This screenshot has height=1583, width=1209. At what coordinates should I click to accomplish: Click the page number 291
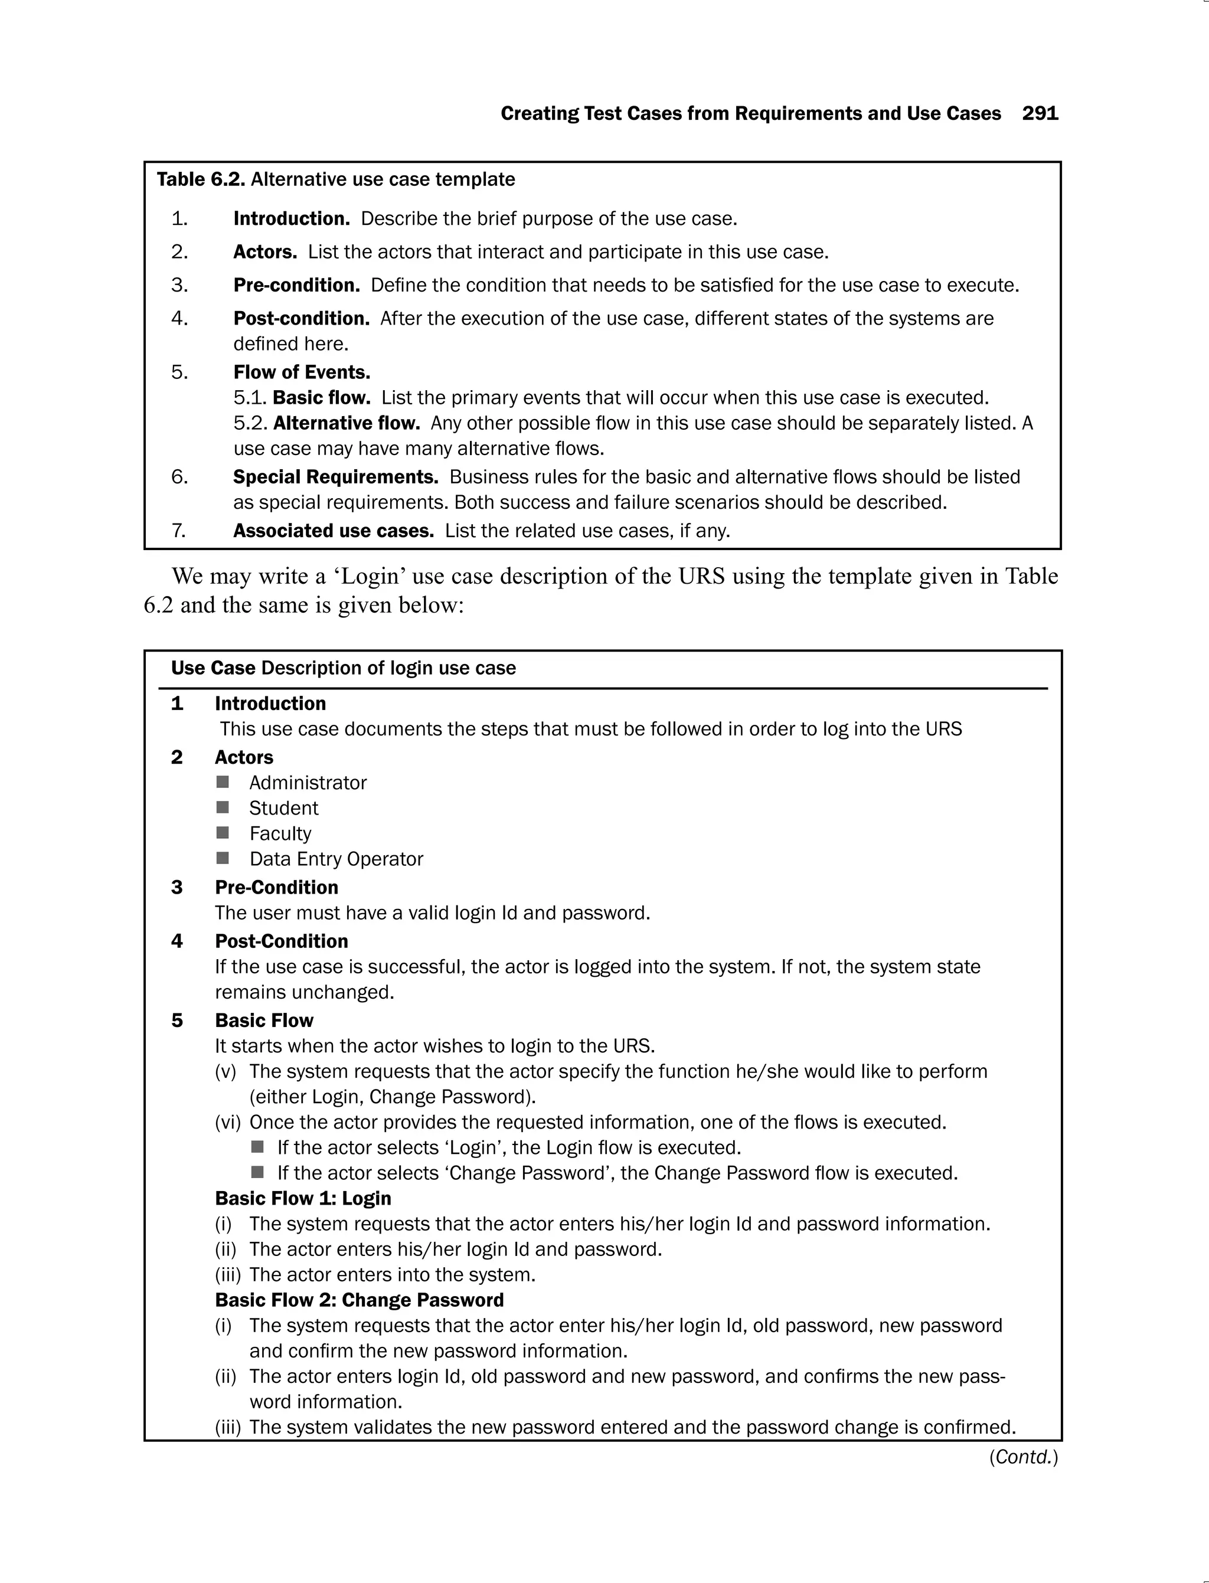point(1040,114)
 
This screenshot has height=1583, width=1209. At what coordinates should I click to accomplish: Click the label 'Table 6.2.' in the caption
point(201,179)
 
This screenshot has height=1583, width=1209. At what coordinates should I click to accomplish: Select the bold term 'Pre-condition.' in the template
point(296,285)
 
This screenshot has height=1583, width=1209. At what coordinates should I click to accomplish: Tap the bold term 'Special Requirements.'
point(335,477)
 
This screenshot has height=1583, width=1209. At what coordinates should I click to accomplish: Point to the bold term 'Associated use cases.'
point(333,531)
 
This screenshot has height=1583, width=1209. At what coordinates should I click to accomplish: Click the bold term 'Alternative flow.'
point(346,423)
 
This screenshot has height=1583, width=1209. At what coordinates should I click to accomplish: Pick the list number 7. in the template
point(178,531)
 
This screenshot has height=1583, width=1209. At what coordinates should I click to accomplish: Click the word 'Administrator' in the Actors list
point(308,783)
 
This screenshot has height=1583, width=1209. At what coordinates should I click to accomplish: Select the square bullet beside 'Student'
point(223,807)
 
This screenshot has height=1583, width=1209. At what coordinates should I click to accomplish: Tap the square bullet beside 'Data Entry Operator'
point(223,858)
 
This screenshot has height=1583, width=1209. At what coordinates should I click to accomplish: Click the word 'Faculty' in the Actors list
point(280,833)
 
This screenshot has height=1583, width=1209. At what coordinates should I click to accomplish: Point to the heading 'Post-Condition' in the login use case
point(282,941)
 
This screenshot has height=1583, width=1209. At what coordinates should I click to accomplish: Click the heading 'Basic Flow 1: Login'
point(303,1198)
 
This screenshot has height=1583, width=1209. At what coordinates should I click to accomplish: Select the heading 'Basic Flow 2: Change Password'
point(359,1300)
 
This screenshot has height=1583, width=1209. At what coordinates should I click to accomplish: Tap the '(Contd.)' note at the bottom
point(1022,1457)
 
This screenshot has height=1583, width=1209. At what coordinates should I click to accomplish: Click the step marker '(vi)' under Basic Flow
point(227,1123)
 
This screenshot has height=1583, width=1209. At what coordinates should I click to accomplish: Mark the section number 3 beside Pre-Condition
point(177,887)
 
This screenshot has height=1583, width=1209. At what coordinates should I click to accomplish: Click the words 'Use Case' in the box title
point(213,669)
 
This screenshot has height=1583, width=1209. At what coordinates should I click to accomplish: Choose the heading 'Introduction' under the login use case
point(270,704)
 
